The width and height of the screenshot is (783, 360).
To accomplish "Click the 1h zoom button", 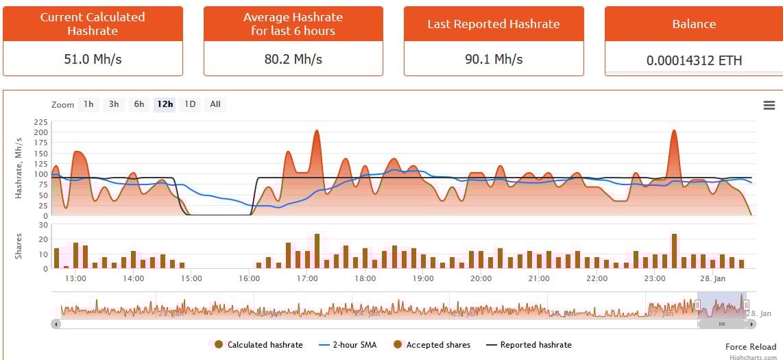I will (88, 104).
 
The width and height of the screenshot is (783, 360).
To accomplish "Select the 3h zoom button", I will (114, 104).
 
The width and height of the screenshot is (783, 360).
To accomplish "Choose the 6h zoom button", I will (139, 104).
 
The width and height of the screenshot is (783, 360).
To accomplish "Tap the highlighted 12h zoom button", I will (165, 104).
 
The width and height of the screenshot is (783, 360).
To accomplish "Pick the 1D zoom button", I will (190, 104).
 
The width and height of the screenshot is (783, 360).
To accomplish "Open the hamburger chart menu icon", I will (769, 105).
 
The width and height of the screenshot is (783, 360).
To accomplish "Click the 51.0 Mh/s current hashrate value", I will (93, 59).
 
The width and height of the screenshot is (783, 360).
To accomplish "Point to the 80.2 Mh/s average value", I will (293, 59).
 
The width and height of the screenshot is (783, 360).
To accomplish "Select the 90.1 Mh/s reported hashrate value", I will (494, 59).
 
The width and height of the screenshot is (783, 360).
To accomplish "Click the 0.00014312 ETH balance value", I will (694, 60).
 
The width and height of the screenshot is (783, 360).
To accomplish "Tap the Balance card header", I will (694, 24).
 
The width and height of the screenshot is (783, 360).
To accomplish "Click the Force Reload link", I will (751, 347).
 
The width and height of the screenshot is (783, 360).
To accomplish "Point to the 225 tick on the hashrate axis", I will (40, 122).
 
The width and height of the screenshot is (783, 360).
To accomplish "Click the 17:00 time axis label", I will (307, 278).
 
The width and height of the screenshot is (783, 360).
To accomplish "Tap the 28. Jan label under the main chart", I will (713, 278).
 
